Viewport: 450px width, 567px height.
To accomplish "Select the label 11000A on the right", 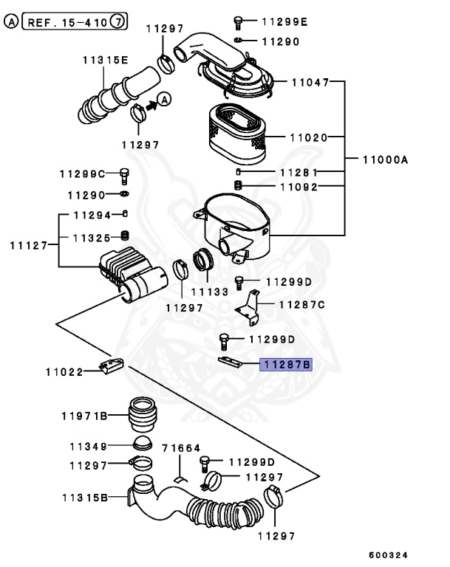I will pyautogui.click(x=385, y=159).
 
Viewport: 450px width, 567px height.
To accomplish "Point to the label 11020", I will pyautogui.click(x=307, y=137).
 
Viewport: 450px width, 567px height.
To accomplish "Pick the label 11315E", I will pyautogui.click(x=105, y=60).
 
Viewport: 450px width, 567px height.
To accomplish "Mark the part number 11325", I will pyautogui.click(x=92, y=238).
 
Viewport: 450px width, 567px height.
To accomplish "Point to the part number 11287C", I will pyautogui.click(x=301, y=304).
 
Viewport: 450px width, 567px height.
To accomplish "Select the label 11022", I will pyautogui.click(x=64, y=371).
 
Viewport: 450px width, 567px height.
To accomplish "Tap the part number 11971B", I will pyautogui.click(x=83, y=416).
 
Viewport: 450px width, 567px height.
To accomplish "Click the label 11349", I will pyautogui.click(x=89, y=447).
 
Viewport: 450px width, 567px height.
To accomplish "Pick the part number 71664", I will pyautogui.click(x=181, y=448).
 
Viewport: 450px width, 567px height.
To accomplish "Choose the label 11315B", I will pyautogui.click(x=83, y=498).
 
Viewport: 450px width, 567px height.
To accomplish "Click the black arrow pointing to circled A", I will pyautogui.click(x=153, y=106).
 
